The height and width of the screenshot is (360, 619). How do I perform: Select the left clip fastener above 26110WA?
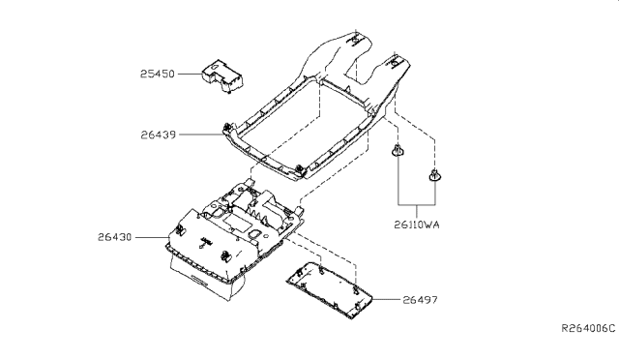coord(397,152)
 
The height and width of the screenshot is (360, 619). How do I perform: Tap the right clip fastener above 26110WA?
coord(433,177)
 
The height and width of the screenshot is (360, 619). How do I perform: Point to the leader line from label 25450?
coord(190,72)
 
